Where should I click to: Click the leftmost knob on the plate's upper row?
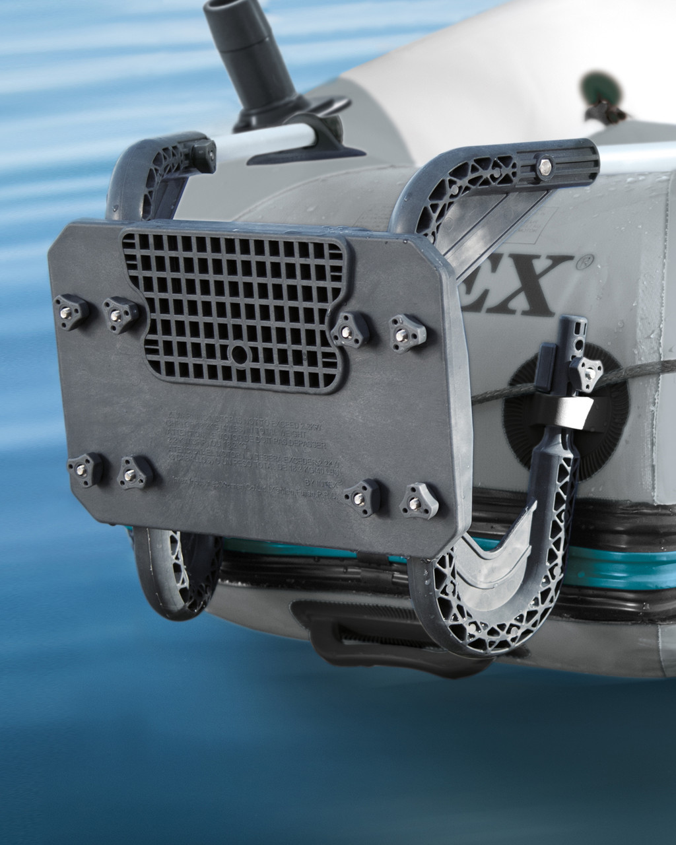click(71, 311)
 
